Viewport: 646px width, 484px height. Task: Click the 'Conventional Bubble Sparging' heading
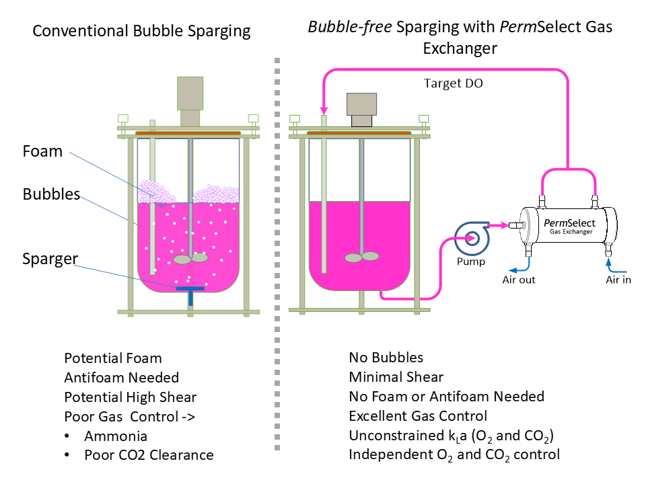(141, 31)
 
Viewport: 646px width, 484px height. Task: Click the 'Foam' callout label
(42, 151)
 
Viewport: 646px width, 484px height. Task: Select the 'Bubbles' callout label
(51, 195)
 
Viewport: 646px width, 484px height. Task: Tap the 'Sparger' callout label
(49, 259)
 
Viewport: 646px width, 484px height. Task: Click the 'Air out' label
(519, 280)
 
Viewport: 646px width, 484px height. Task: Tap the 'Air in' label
(618, 280)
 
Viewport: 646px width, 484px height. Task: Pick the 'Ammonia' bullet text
(115, 436)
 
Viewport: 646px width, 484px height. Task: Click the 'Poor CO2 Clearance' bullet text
(149, 455)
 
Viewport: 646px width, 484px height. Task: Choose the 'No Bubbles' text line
(386, 358)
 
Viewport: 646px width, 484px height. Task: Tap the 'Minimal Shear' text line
(396, 377)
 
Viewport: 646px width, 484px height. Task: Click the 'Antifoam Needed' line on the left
(121, 378)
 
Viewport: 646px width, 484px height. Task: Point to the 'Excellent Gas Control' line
(417, 416)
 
